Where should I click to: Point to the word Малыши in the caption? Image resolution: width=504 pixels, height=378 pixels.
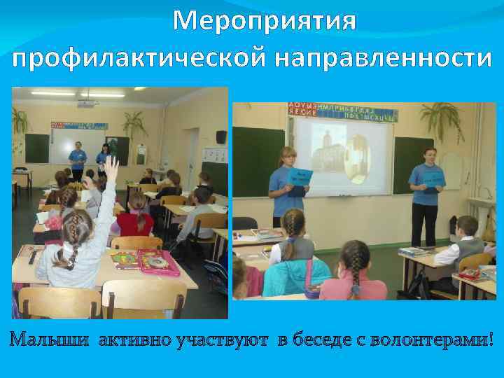[x=49, y=340]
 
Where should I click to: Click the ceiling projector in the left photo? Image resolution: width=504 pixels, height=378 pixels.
[x=85, y=105]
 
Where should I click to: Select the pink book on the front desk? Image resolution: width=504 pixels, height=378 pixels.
[x=159, y=262]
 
